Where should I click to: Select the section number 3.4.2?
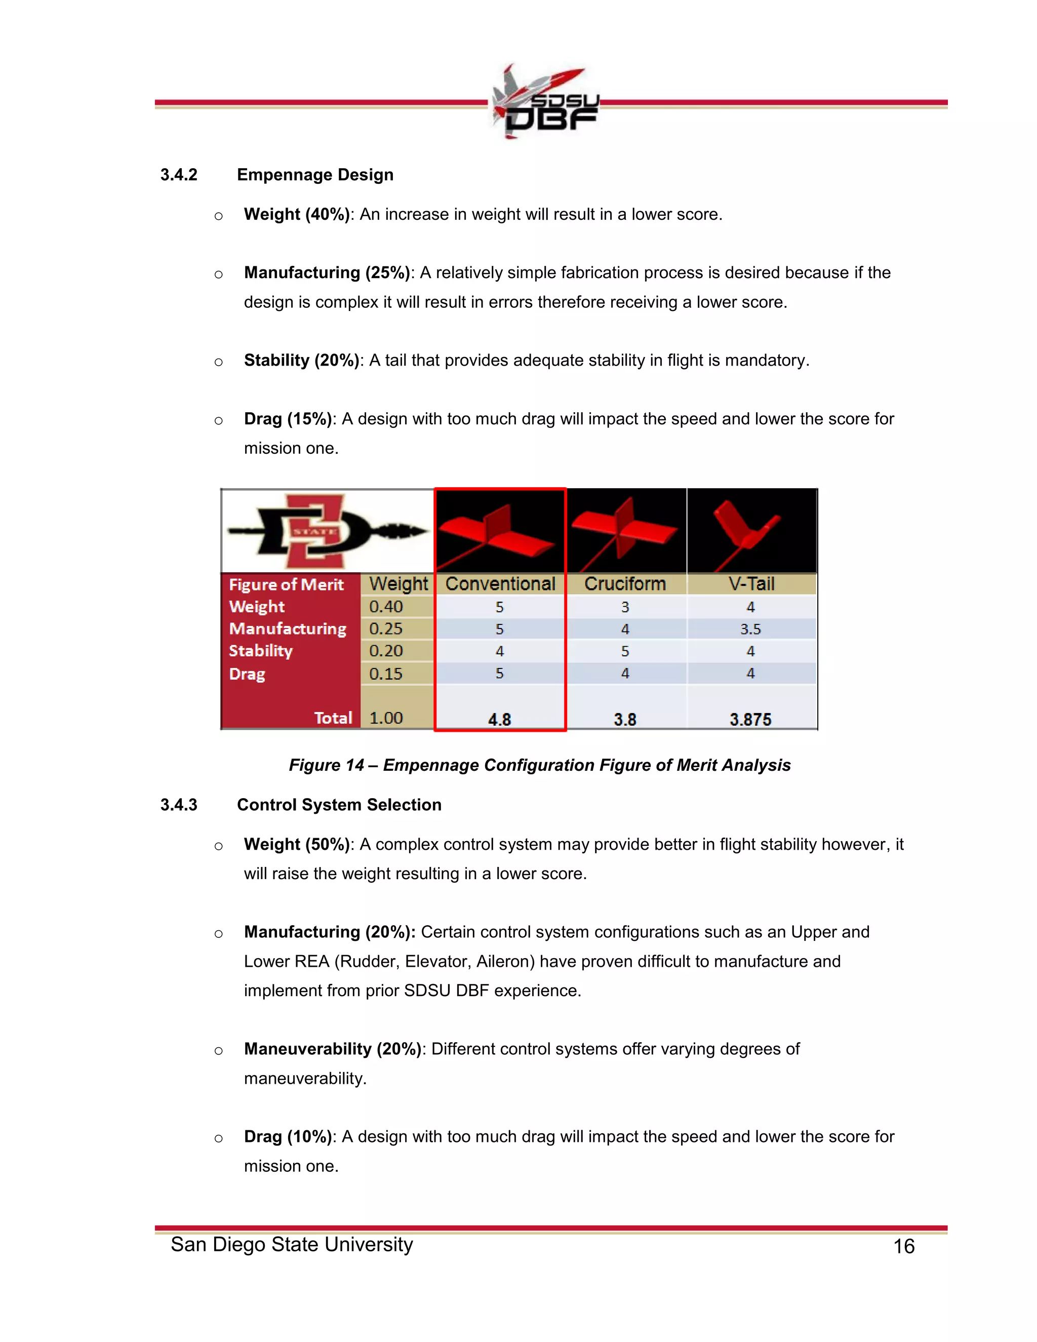tap(179, 175)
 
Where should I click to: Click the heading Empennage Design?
tap(315, 175)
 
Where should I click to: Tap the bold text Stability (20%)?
tap(301, 360)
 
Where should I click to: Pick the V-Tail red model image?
tap(751, 531)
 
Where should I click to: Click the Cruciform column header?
tap(625, 584)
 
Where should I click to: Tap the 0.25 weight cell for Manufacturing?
tap(386, 628)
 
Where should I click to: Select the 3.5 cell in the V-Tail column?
tap(750, 629)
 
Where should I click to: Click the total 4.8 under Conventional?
tap(499, 719)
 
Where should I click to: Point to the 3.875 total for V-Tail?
tap(750, 719)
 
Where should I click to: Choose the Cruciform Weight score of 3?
tap(625, 607)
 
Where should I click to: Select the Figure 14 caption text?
tap(539, 765)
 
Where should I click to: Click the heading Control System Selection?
tap(339, 805)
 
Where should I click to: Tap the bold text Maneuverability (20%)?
tap(332, 1049)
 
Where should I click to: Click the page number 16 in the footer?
tap(903, 1246)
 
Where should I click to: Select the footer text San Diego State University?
tap(292, 1244)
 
